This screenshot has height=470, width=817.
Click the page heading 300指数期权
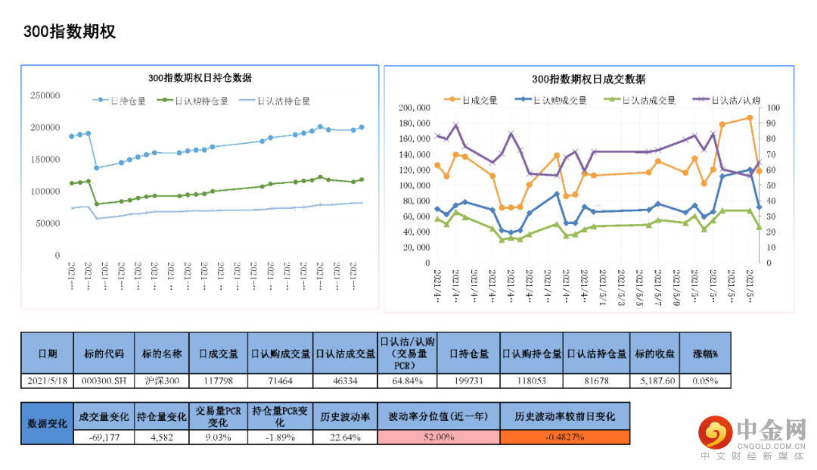[69, 32]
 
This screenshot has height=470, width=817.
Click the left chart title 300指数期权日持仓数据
[200, 78]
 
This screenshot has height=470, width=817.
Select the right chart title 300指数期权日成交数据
[589, 79]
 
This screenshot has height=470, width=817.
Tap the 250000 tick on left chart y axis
[45, 95]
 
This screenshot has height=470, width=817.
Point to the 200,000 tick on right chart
[413, 107]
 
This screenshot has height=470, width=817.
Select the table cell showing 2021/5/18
[48, 380]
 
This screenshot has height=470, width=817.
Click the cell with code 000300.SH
[104, 380]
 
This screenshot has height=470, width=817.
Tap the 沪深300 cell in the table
[162, 380]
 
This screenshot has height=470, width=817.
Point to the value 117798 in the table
[219, 380]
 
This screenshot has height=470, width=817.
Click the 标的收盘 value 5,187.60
[655, 380]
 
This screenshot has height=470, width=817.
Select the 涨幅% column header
[706, 353]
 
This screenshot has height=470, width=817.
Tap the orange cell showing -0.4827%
[564, 437]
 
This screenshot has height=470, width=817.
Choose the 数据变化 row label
[47, 423]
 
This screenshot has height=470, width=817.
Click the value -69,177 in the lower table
[104, 437]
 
